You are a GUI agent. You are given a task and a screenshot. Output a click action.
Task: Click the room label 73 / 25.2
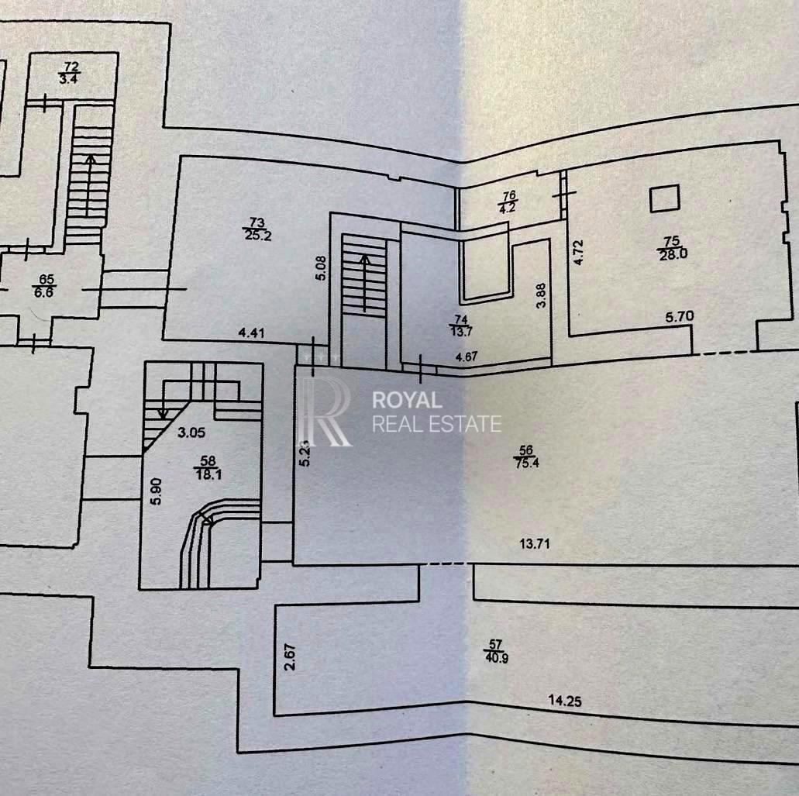tap(257, 229)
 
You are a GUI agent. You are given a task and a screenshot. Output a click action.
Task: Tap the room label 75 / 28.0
tap(673, 248)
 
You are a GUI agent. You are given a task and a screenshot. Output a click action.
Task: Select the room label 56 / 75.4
tap(526, 457)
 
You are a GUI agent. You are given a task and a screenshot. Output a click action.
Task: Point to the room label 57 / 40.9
tap(496, 651)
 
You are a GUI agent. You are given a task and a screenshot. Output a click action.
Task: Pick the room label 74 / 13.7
tap(461, 325)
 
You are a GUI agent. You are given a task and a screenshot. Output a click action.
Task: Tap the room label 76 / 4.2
tap(509, 202)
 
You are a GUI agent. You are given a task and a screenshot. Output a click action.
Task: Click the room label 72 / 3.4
tap(71, 73)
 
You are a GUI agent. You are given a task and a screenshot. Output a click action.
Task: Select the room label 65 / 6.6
tap(46, 285)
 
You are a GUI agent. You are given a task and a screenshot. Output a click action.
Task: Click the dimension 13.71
tap(535, 544)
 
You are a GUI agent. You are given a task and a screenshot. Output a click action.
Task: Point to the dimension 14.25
tap(565, 701)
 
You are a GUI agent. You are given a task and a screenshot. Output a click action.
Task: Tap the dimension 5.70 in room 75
tap(680, 316)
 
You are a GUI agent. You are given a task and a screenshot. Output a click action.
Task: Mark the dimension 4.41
tap(251, 333)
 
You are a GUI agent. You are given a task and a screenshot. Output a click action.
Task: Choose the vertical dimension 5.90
tap(157, 491)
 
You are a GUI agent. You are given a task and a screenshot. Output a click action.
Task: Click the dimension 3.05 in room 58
tap(191, 432)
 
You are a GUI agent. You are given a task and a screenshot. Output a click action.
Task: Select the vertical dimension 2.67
tap(290, 657)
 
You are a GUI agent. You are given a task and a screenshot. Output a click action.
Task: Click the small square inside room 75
tap(664, 198)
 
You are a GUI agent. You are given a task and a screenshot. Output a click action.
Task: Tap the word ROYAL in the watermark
tap(407, 400)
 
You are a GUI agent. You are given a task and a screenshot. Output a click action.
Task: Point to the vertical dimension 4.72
tap(578, 252)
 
